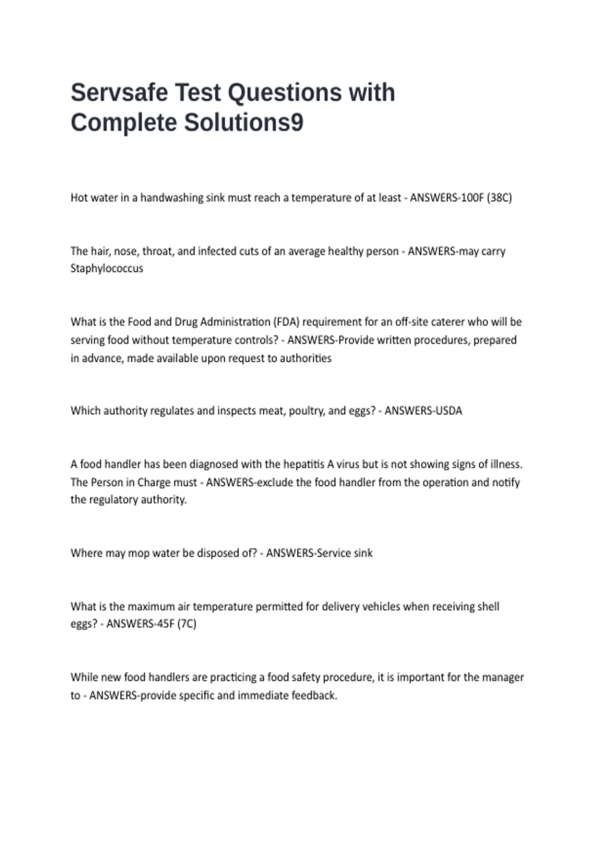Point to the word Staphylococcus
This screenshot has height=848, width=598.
(x=107, y=268)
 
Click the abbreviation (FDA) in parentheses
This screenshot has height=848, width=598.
(x=286, y=322)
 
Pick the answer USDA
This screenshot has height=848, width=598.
(x=448, y=411)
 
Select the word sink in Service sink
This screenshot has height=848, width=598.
(x=363, y=553)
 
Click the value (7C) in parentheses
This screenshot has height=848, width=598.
(x=187, y=624)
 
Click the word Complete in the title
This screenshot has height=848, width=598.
(x=124, y=123)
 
